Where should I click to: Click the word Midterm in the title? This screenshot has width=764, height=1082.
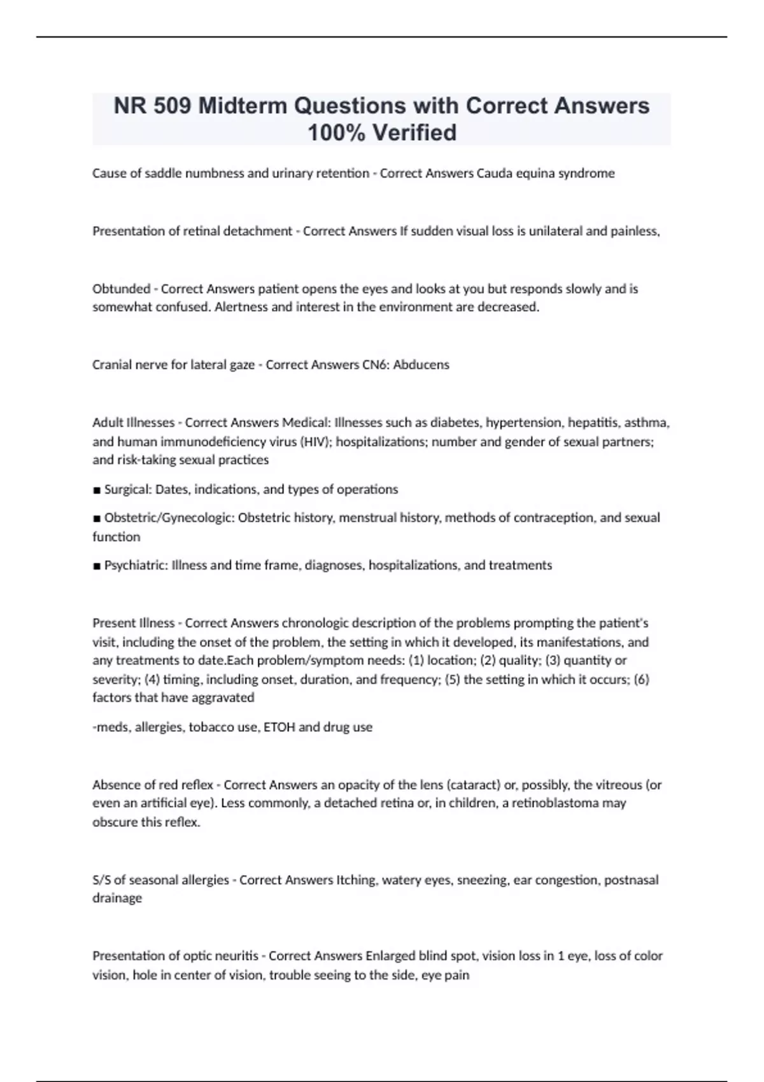pyautogui.click(x=243, y=106)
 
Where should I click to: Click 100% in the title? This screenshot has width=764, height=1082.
pyautogui.click(x=336, y=132)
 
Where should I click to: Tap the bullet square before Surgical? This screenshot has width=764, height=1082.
pyautogui.click(x=97, y=490)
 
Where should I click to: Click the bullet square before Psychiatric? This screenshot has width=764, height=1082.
pyautogui.click(x=97, y=566)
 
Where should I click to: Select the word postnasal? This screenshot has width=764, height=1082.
pyautogui.click(x=631, y=880)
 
